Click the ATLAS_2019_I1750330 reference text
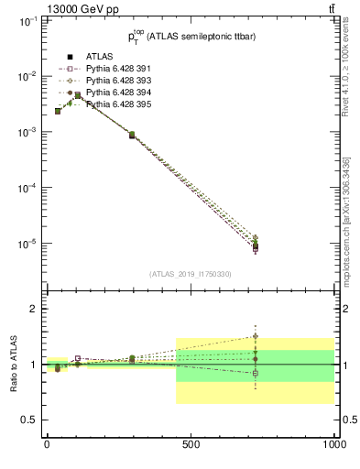pos(190,274)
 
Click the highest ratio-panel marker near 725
pos(256,336)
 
